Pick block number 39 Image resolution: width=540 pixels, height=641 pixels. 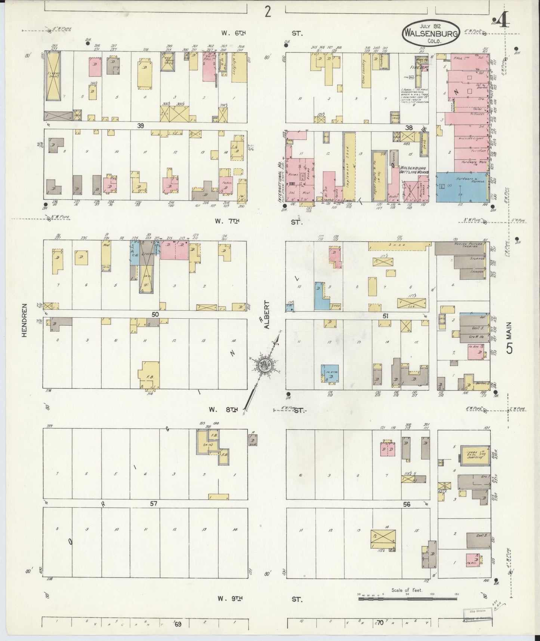140,126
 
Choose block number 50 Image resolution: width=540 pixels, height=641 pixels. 155,314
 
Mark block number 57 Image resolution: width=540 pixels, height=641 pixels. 153,504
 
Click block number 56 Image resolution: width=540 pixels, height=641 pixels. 407,504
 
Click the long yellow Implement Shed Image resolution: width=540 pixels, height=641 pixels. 349,167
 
